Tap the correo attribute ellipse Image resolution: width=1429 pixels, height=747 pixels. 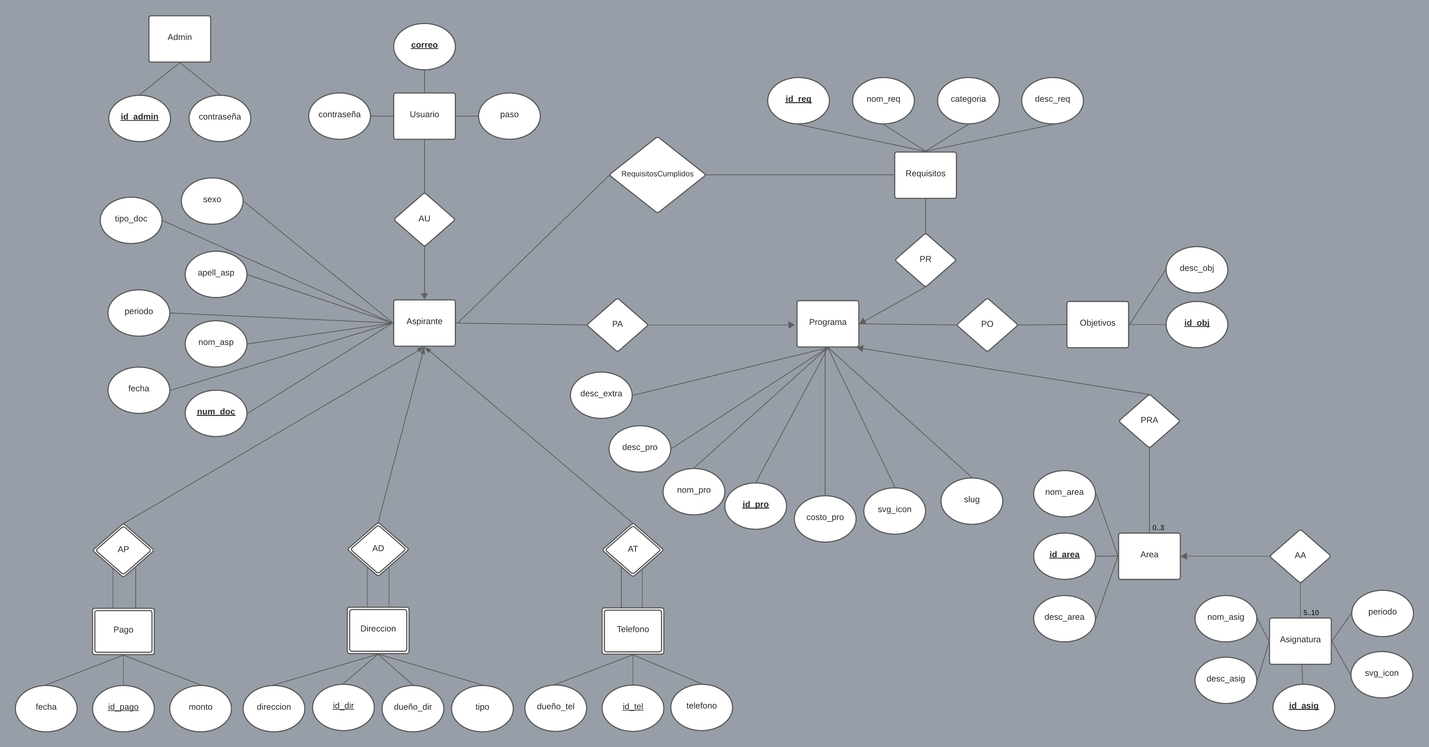click(424, 46)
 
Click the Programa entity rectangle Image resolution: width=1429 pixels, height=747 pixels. click(827, 323)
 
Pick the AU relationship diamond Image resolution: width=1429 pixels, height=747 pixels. click(424, 219)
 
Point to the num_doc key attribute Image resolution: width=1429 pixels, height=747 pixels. click(216, 412)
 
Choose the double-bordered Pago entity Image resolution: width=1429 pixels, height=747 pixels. click(123, 631)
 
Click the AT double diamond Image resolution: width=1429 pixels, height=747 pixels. click(632, 549)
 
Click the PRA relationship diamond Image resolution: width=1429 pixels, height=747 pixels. click(1149, 421)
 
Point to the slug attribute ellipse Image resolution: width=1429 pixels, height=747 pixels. click(971, 500)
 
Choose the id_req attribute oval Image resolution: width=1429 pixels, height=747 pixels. click(798, 100)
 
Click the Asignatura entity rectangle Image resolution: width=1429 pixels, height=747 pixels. click(1300, 640)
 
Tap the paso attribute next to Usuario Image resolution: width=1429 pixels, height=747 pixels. click(509, 116)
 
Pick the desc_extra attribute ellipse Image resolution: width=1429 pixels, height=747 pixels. click(601, 395)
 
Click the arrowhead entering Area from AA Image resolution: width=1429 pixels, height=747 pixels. click(1184, 556)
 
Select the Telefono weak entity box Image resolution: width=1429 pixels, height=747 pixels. click(632, 630)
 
